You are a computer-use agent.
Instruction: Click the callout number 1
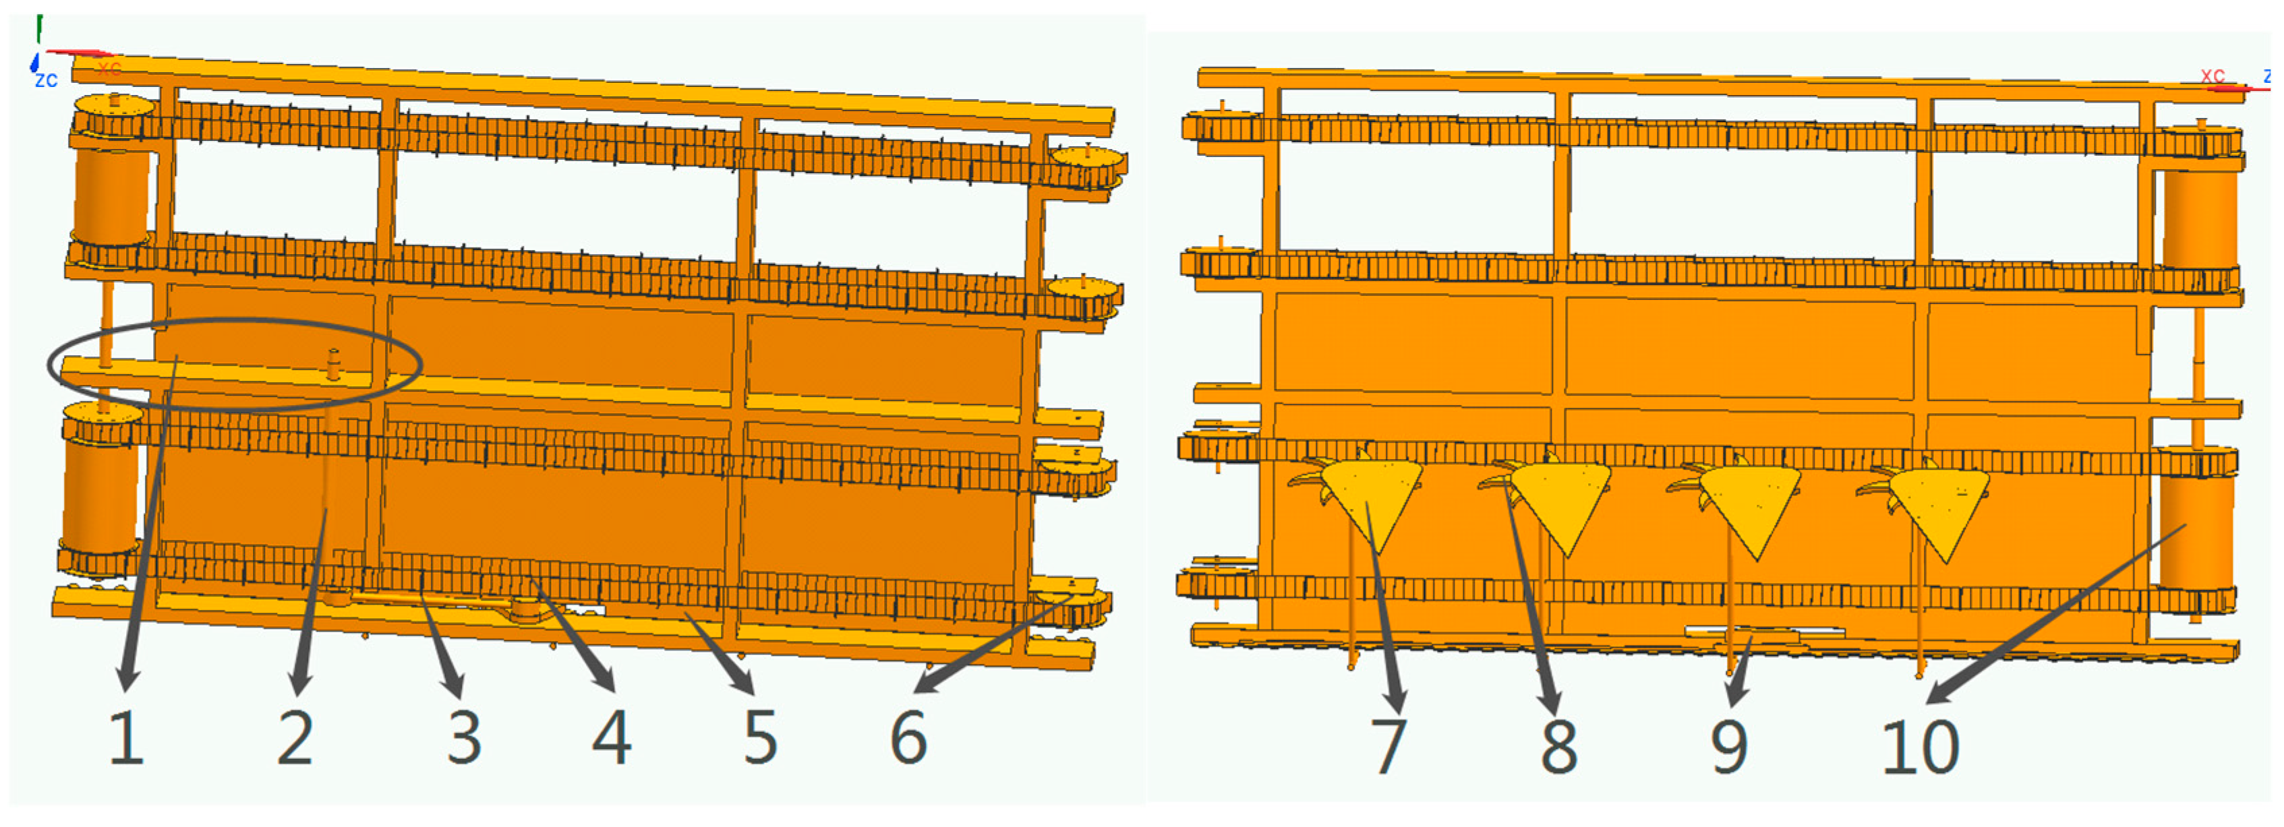coord(127,737)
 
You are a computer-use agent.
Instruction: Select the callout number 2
coord(295,737)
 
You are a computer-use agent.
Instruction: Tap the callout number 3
coord(465,737)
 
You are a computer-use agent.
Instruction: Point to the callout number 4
coord(612,737)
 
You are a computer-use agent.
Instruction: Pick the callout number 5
coord(761,737)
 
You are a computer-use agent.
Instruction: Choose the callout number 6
coord(909,737)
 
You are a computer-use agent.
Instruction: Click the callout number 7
coord(1388,745)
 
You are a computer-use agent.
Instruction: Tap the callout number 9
coord(1730,745)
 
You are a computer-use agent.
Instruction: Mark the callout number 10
coord(1921,745)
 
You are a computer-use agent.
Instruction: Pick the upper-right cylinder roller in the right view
coord(2200,217)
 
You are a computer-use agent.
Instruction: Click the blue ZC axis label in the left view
coord(46,81)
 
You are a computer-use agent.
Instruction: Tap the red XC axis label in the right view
coord(2213,76)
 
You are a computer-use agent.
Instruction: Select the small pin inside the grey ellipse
coord(333,363)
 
